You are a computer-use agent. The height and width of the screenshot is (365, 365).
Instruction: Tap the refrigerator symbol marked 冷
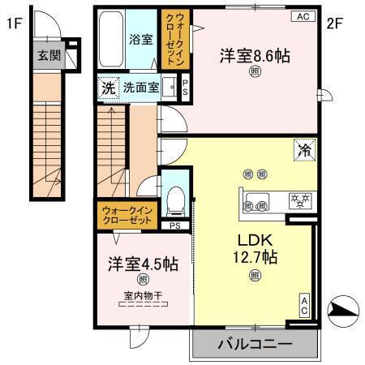304,150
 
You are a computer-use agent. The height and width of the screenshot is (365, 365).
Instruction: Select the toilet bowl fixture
176,197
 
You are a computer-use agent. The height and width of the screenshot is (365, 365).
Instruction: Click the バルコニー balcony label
254,345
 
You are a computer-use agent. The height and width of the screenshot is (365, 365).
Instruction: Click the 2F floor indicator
335,24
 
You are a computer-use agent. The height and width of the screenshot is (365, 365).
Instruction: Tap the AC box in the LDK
304,306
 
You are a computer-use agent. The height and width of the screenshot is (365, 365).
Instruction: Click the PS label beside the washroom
184,88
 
